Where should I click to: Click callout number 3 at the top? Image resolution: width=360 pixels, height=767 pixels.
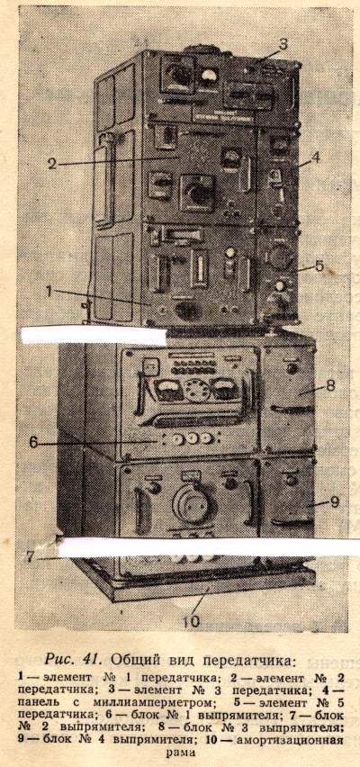coord(283,44)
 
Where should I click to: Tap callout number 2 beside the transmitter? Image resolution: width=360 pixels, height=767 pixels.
coord(52,164)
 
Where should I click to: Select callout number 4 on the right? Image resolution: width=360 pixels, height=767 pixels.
coord(316,157)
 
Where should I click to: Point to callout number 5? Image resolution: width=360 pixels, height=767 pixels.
coord(319,266)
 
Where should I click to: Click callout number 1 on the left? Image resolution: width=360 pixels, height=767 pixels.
coord(49,291)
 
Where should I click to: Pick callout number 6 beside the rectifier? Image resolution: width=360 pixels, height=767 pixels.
coord(33,442)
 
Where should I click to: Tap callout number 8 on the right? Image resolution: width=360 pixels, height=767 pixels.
coord(330,385)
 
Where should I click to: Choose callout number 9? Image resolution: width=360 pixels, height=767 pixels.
coord(335,501)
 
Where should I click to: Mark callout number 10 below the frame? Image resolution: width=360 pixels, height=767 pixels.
coord(192,622)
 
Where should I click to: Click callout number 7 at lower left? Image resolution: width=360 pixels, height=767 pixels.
coord(31,556)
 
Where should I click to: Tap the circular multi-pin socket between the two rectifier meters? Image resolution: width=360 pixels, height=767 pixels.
coord(198,390)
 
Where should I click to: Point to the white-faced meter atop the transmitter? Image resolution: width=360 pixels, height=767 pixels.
coord(209,77)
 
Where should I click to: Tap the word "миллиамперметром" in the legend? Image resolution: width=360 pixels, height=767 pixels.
coord(146,703)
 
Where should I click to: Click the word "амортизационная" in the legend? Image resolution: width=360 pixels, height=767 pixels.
coord(290,741)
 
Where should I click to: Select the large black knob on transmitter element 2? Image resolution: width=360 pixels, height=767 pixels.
coord(199,193)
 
